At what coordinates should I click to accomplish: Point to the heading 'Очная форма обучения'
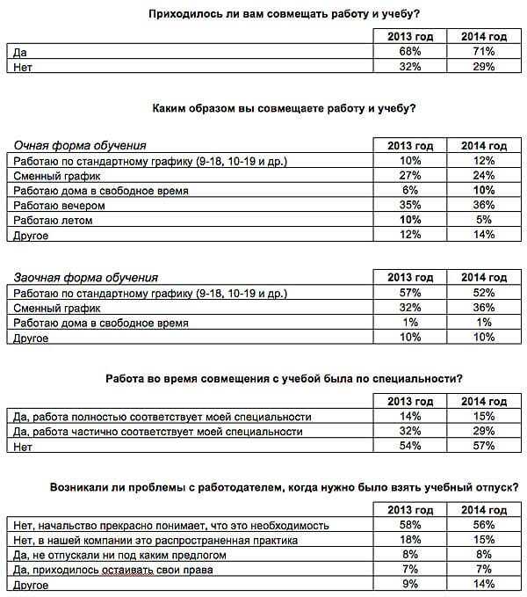click(x=80, y=145)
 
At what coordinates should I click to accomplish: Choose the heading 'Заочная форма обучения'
click(x=85, y=278)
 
